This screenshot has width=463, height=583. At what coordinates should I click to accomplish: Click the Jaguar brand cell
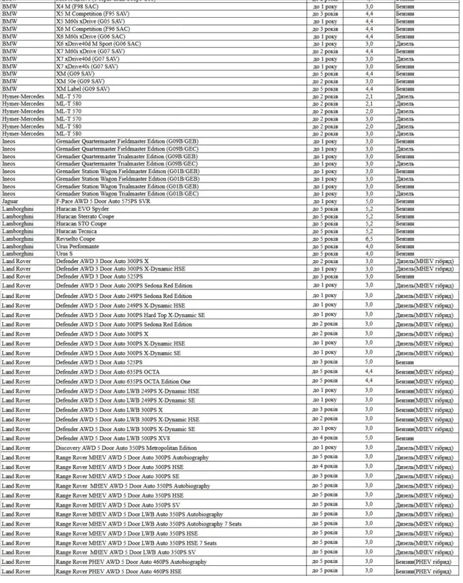[11, 201]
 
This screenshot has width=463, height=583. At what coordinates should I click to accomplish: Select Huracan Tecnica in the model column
[78, 231]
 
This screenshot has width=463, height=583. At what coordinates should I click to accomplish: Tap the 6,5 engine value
[368, 239]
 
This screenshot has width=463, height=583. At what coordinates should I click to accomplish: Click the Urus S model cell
[66, 254]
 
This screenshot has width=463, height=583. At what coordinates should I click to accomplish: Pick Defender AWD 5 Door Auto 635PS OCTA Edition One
[123, 381]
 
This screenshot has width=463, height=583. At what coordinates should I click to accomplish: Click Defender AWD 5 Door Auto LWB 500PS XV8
[112, 438]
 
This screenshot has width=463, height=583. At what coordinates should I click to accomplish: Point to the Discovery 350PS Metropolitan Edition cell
[126, 448]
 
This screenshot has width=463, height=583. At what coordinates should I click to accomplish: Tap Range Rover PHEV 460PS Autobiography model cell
[131, 562]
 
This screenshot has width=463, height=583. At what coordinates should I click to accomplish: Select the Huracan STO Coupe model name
[82, 224]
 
